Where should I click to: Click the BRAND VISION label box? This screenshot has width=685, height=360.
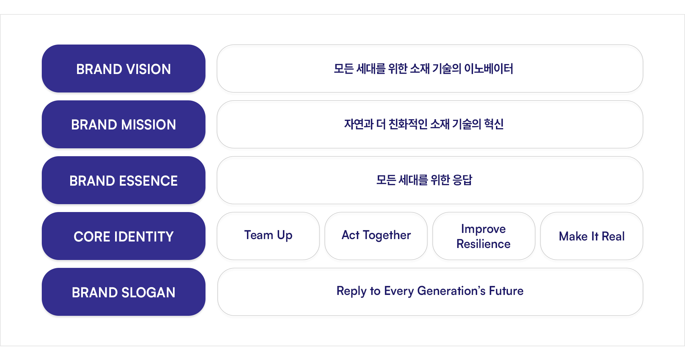click(124, 69)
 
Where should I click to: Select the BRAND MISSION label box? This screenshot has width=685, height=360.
click(124, 124)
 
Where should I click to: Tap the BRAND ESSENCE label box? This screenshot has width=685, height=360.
click(124, 180)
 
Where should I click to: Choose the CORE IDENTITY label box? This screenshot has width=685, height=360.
click(124, 236)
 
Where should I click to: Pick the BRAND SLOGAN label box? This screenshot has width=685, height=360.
click(124, 292)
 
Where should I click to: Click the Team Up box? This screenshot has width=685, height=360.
click(268, 236)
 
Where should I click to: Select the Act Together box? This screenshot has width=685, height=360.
click(376, 236)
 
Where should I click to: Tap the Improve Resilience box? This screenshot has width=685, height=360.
click(484, 236)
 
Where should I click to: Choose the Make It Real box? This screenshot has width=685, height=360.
click(591, 236)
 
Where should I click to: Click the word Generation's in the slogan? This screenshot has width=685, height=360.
click(451, 291)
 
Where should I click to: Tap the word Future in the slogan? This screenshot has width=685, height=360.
click(506, 291)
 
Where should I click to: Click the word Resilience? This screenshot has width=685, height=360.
click(484, 244)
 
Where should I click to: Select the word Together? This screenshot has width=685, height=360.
click(387, 235)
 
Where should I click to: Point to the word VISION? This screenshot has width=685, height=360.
click(149, 69)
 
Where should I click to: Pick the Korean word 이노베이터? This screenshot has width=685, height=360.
click(489, 69)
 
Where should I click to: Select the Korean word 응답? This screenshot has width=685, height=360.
click(462, 180)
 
